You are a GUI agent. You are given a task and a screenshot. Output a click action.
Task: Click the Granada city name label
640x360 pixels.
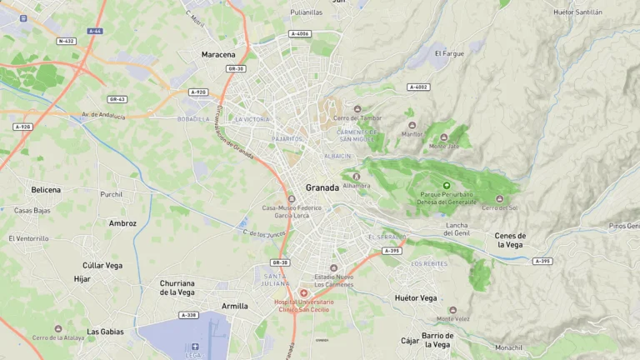point(322,187)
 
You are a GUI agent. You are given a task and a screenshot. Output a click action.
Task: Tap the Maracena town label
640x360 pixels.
point(218,55)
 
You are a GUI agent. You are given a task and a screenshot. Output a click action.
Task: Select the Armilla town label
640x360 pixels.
point(234,306)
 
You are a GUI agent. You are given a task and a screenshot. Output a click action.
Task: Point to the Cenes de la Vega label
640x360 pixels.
point(509,240)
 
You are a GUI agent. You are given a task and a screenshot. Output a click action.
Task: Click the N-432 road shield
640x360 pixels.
point(66,41)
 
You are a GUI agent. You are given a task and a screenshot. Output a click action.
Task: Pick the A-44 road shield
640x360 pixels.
point(94,31)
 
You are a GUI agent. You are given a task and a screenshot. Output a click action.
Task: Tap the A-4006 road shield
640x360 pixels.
point(300,33)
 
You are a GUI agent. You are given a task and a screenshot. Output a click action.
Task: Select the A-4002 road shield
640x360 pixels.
point(418,87)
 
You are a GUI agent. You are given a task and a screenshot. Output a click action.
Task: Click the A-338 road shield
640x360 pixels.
point(189,315)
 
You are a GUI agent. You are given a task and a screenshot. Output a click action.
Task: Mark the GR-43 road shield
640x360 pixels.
point(117,99)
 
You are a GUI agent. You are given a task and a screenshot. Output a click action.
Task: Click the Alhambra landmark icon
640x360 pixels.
point(356,176)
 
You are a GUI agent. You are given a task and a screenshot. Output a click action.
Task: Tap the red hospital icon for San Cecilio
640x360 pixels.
point(303,292)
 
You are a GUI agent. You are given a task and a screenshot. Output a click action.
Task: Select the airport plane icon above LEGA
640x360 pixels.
point(194,346)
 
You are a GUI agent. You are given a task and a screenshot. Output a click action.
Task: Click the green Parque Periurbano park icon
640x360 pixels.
point(446,185)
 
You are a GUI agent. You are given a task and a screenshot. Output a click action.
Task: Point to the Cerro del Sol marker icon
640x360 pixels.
point(499,198)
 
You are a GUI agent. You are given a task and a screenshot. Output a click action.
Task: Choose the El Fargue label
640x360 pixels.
point(449,53)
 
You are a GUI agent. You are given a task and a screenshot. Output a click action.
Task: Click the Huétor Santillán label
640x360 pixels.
point(577,12)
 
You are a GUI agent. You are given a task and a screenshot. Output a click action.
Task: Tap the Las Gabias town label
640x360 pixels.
point(105,332)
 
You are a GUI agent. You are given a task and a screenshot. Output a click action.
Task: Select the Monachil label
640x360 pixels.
point(508,347)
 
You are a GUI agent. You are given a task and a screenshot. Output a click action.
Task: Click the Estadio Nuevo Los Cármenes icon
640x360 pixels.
point(333,268)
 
